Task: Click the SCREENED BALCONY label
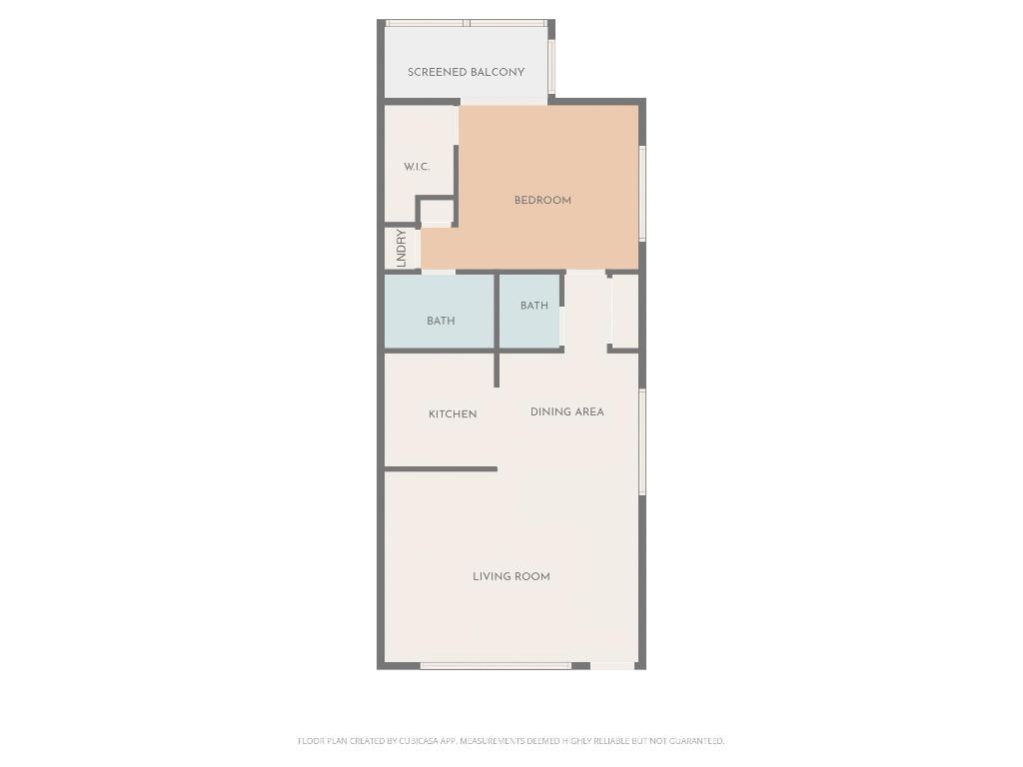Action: click(x=466, y=72)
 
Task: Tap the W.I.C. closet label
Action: click(x=417, y=167)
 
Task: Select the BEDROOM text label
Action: click(x=542, y=201)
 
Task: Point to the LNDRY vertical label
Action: click(x=401, y=248)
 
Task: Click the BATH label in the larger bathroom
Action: click(x=441, y=321)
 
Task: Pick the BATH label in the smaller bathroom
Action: click(x=534, y=306)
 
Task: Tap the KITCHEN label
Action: click(x=453, y=414)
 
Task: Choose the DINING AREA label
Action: click(x=567, y=411)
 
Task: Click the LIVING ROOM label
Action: click(x=511, y=576)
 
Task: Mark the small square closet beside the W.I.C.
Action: click(x=437, y=212)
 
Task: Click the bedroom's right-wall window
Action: click(x=642, y=193)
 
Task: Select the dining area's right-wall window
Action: click(x=642, y=441)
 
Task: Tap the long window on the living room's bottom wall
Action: click(x=496, y=665)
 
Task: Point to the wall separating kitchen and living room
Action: click(x=441, y=468)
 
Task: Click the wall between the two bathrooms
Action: click(x=497, y=312)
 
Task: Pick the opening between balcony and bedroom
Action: click(x=504, y=101)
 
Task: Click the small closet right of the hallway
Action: click(x=625, y=311)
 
